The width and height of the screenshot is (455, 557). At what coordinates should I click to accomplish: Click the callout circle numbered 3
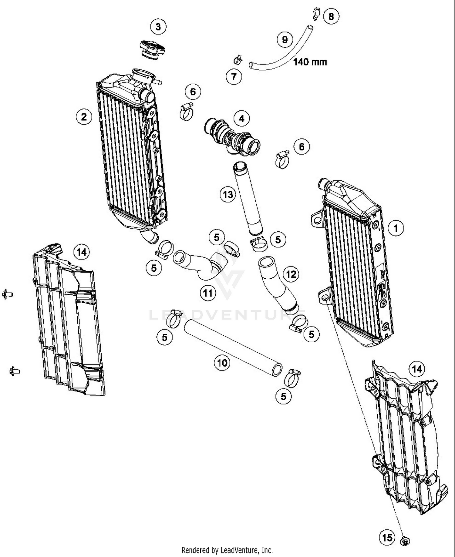click(158, 27)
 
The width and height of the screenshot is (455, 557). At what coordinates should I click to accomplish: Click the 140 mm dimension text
click(310, 62)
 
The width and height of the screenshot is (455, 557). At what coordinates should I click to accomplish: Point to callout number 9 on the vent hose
click(285, 39)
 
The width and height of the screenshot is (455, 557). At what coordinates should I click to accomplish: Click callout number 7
click(234, 76)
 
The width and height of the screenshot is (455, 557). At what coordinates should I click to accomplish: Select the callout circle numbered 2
click(84, 117)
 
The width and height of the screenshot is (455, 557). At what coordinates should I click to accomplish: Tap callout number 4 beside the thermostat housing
click(241, 118)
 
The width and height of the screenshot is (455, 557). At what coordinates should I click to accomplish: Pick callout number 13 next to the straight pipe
click(228, 194)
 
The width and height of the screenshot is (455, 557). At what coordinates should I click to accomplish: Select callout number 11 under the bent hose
click(208, 293)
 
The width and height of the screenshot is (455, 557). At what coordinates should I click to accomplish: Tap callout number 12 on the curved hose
click(291, 274)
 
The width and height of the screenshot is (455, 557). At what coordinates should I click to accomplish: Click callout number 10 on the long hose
click(222, 362)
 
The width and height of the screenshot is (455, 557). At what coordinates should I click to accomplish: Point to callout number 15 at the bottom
click(387, 538)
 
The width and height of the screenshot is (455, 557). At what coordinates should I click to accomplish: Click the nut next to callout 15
click(405, 541)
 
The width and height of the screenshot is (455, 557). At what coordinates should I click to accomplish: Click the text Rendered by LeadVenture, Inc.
click(227, 550)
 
